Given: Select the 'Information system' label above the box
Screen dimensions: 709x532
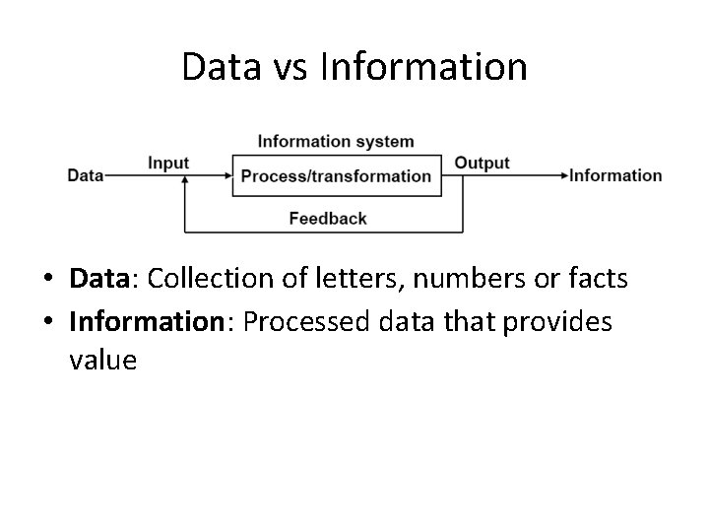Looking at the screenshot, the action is pyautogui.click(x=336, y=142).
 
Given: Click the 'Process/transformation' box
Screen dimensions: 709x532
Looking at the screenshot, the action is pyautogui.click(x=336, y=176).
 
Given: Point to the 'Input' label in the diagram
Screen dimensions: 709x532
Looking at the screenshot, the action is pyautogui.click(x=168, y=163).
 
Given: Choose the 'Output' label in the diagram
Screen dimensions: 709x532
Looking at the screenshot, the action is pyautogui.click(x=482, y=163).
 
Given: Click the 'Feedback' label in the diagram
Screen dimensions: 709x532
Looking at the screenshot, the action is pyautogui.click(x=328, y=218).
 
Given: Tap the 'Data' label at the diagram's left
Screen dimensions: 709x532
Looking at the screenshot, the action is pyautogui.click(x=86, y=176).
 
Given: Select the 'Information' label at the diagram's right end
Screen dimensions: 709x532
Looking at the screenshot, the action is pyautogui.click(x=616, y=176).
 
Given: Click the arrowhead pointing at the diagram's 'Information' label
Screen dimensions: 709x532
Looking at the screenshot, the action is pyautogui.click(x=564, y=176).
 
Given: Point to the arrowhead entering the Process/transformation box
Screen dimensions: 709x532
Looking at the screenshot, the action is pyautogui.click(x=227, y=176).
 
